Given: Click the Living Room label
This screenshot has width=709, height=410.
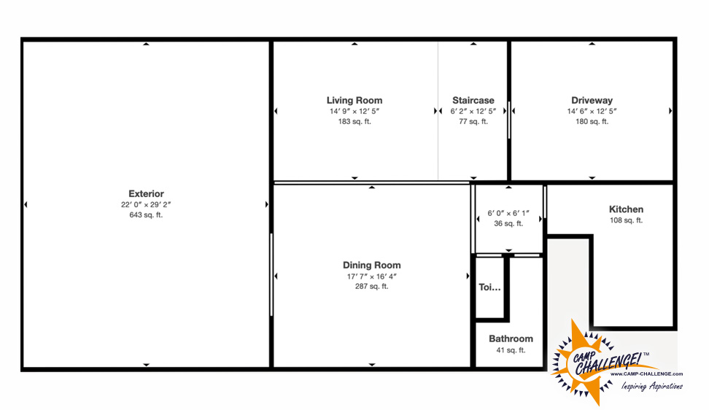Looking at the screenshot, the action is pos(354,101).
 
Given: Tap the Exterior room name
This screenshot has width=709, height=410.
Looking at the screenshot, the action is pos(146,193).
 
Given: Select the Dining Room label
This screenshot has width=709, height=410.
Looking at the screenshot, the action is pos(372,266).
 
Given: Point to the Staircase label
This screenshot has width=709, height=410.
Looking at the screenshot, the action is pos(473,101).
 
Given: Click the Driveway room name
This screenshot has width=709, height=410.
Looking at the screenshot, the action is pos(592,101).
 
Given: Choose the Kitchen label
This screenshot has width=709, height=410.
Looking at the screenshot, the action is pos(627,209).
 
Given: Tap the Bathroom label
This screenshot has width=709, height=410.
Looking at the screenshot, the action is pos(511,339).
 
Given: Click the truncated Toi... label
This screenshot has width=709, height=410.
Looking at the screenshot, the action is pos(489,287).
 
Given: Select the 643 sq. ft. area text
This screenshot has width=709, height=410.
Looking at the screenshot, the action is pos(146,214).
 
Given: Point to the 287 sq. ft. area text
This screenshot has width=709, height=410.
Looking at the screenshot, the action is pos(372,286).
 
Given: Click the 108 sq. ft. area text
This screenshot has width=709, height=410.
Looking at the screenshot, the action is pos(627,220).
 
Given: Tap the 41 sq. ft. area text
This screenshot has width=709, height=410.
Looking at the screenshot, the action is pos(511,350).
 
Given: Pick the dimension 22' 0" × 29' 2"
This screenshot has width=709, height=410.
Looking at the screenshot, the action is pos(146,204).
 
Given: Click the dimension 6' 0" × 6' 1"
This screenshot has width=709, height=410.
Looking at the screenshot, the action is pos(508,213).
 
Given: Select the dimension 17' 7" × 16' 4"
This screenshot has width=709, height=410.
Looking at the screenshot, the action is pos(372,276).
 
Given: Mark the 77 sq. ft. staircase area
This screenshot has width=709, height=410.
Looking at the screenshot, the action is pos(473,121).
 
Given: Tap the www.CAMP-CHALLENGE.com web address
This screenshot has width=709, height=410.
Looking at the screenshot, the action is pos(646,374).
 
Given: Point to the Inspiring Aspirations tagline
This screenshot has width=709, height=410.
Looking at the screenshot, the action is pos(651,387).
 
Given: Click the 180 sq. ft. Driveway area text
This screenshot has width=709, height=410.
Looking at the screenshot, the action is pos(592,121).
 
